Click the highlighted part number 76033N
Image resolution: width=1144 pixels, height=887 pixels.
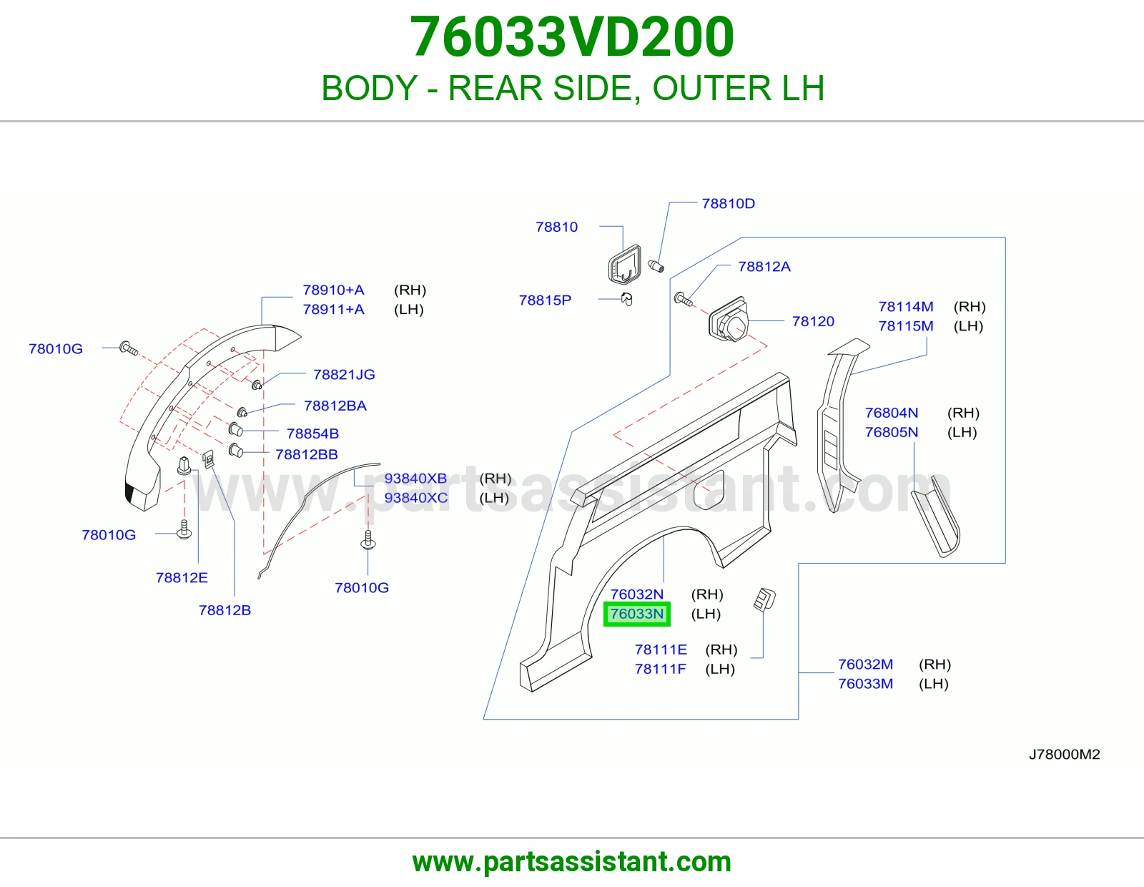click(x=636, y=614)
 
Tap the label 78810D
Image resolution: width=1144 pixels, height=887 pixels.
click(x=728, y=204)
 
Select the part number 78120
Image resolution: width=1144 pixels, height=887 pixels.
click(x=813, y=321)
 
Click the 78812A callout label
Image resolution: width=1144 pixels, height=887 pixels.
click(x=764, y=267)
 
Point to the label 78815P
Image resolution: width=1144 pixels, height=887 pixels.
click(x=545, y=300)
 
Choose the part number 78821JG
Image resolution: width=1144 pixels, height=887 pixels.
click(x=344, y=375)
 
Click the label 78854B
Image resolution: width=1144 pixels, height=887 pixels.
click(x=312, y=433)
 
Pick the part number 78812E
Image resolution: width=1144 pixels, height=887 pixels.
click(x=182, y=578)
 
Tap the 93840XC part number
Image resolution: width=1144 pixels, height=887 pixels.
click(x=416, y=498)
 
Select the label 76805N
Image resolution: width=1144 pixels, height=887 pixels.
click(x=892, y=432)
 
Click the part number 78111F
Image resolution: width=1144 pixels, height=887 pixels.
click(x=660, y=669)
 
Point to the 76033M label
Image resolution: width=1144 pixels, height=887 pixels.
click(x=865, y=684)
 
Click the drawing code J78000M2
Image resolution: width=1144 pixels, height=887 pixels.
click(x=1065, y=754)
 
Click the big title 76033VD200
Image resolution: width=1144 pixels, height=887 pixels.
click(x=572, y=36)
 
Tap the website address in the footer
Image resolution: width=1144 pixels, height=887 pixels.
click(x=572, y=862)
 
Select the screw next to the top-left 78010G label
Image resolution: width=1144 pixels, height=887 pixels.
click(x=129, y=348)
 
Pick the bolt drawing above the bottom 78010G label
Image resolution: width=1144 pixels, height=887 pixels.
click(x=368, y=540)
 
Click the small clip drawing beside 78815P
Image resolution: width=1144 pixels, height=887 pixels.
click(x=626, y=299)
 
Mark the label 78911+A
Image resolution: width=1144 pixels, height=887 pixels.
click(x=333, y=309)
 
